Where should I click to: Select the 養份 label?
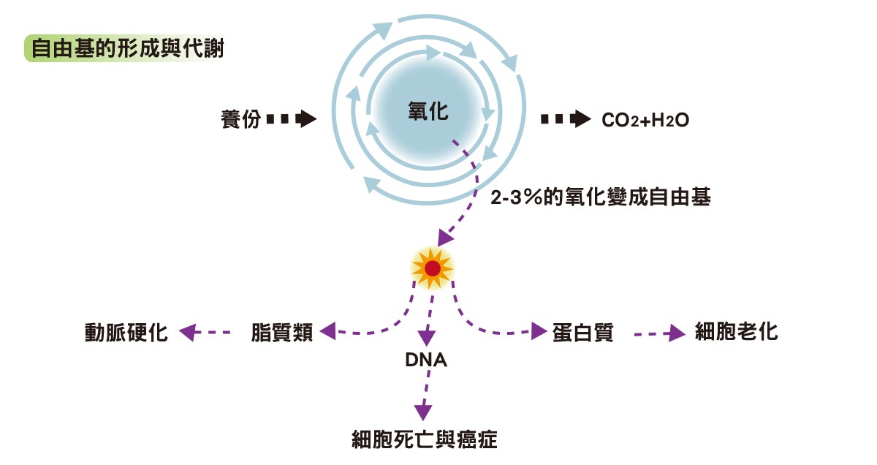tap(240, 119)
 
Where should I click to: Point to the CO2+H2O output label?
tap(645, 120)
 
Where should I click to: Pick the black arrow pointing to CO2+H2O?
tap(566, 119)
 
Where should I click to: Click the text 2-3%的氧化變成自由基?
tap(601, 197)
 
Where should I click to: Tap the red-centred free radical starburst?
tap(433, 268)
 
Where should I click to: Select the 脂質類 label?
tap(282, 333)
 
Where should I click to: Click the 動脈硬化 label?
tap(126, 333)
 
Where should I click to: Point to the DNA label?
tap(426, 360)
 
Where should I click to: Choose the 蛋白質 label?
tap(582, 333)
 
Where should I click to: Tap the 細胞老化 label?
tap(736, 333)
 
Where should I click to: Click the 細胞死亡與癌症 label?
tap(425, 440)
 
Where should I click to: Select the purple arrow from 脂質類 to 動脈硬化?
tap(205, 333)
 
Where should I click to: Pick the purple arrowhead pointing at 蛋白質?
tap(541, 332)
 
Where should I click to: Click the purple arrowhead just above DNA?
tap(427, 339)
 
